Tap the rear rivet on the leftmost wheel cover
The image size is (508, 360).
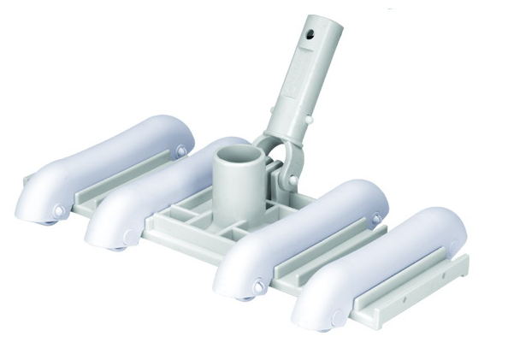(180, 151)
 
